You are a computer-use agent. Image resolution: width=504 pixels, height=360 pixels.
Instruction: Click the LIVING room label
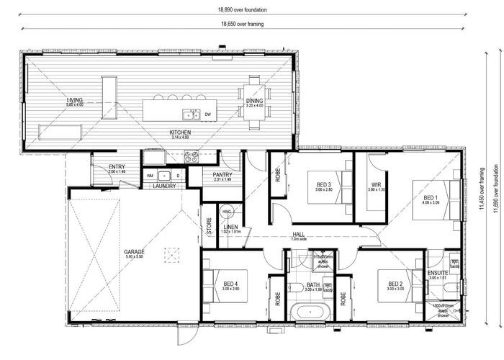pos(75,100)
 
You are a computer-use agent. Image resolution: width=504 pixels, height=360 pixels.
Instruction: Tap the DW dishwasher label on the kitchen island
pos(207,114)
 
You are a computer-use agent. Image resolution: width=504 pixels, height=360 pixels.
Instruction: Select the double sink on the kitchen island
pos(191,114)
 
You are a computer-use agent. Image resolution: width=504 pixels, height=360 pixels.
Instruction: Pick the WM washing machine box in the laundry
pos(150,175)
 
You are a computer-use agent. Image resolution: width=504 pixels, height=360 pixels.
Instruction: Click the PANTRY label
pos(222,174)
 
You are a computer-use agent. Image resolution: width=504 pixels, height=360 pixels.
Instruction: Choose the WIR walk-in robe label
pos(375,184)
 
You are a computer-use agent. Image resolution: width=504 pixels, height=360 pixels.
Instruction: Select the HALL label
pos(298,234)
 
